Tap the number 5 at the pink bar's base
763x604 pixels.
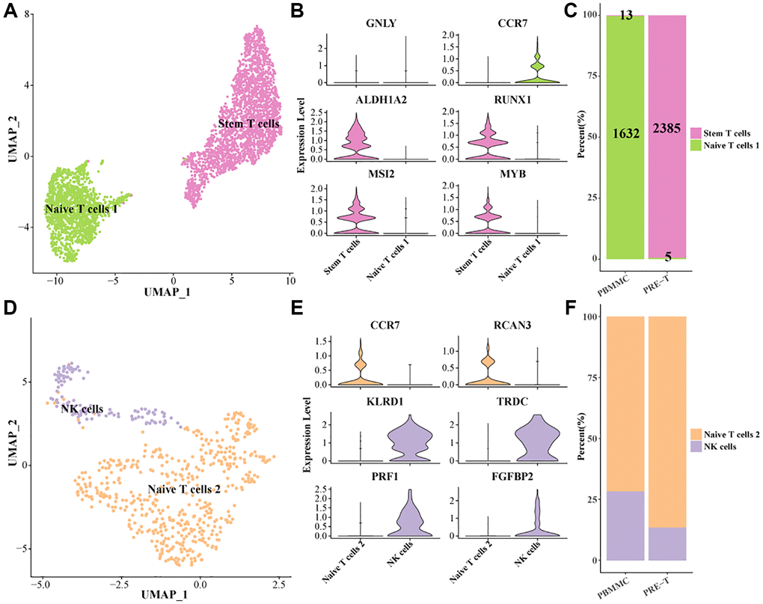point(667,257)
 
